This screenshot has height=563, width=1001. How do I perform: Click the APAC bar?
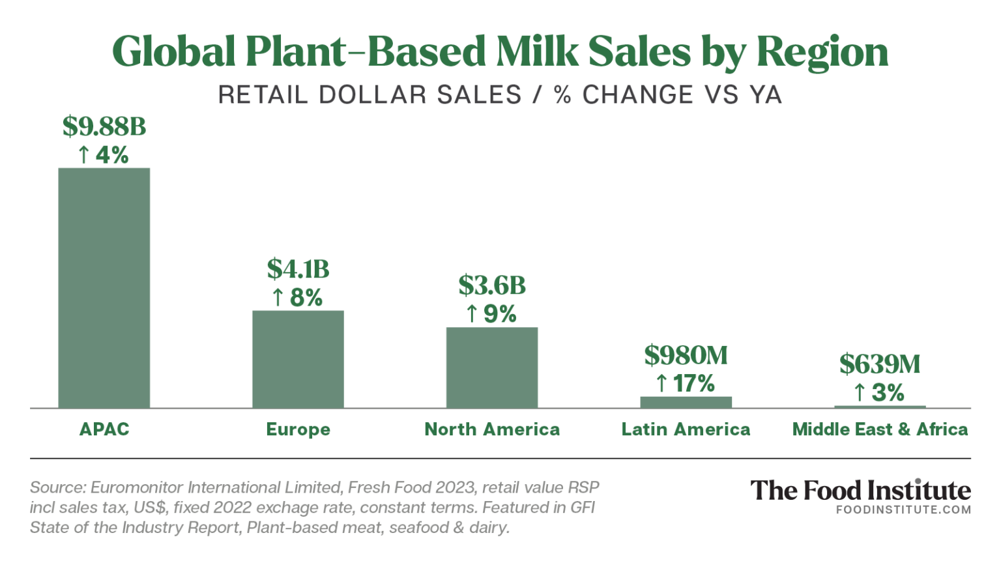pos(104,288)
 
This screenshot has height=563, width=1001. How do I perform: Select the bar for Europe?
pos(298,359)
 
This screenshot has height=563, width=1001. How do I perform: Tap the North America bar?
pos(492,368)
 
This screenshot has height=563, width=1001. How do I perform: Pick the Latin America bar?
pos(686,402)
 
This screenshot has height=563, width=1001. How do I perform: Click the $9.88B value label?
pos(104,126)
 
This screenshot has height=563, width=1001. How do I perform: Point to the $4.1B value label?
pos(298,269)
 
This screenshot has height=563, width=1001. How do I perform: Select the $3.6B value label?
pos(492,285)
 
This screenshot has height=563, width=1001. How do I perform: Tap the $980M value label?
pos(686,356)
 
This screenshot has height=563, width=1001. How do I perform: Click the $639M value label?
pos(880,364)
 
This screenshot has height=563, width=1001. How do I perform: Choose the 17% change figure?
pos(694,384)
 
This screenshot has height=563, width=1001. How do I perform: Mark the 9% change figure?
pos(500,314)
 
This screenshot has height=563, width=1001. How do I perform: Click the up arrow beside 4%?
pos(83,155)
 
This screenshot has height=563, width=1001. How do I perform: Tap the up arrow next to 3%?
pos(860,393)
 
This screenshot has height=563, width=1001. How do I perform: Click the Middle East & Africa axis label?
pos(880,429)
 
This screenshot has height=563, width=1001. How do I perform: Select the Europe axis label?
pos(298,429)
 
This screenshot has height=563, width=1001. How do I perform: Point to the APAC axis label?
pos(104,429)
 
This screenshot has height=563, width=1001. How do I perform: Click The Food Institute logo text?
pos(860,491)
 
